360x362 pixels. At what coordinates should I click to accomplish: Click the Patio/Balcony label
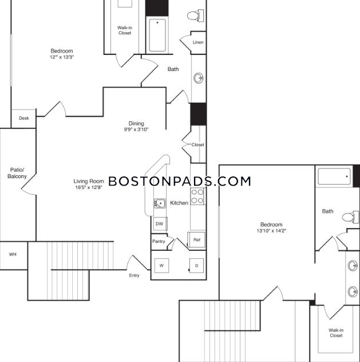coord(15,172)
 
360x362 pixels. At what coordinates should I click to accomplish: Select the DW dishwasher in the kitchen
coord(160,223)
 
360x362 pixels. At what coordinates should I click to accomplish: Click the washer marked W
coord(161,266)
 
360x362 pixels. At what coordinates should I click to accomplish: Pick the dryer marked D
coord(196,266)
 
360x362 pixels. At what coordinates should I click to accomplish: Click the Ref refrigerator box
coord(196,239)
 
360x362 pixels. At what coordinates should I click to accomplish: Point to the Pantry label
coord(159,241)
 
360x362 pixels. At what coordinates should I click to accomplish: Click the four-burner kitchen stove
coord(197,196)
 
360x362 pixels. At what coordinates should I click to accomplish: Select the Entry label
coord(134,276)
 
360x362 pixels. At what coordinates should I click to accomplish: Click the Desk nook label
coord(23,119)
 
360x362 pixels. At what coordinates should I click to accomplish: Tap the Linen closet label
coord(197,43)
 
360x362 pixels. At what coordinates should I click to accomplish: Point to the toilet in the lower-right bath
coord(349,217)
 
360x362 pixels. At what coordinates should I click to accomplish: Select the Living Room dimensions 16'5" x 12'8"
coord(88,187)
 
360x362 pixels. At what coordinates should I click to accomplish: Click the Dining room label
coord(136,123)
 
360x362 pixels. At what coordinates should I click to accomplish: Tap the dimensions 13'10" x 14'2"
coord(271,231)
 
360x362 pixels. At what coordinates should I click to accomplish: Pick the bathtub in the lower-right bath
coord(334,176)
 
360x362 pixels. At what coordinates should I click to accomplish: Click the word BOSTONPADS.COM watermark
coord(180,182)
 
